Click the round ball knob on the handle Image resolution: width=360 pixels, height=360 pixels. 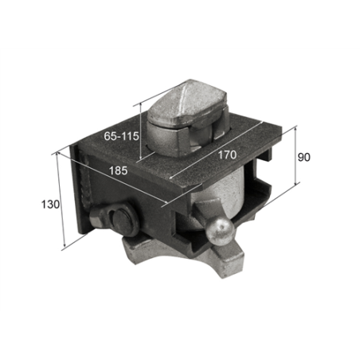tap(217, 233)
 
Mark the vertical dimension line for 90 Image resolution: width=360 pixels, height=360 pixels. tap(295, 155)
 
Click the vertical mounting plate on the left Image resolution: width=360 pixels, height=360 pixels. tap(80, 191)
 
